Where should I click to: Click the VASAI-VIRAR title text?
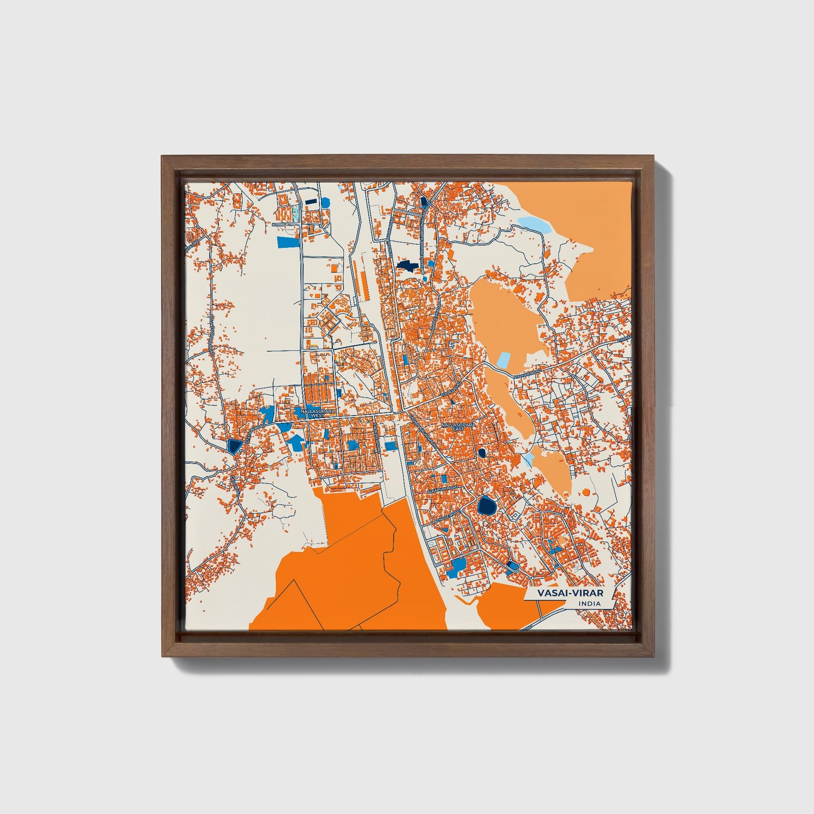point(569,593)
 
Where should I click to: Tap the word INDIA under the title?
point(589,604)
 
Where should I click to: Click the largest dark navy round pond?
point(486,505)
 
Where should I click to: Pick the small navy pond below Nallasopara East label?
point(482,452)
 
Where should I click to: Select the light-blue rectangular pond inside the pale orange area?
point(503,361)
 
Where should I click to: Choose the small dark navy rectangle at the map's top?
point(310,201)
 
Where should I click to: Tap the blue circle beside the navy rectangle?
point(324,202)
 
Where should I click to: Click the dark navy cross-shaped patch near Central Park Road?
point(407,264)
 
